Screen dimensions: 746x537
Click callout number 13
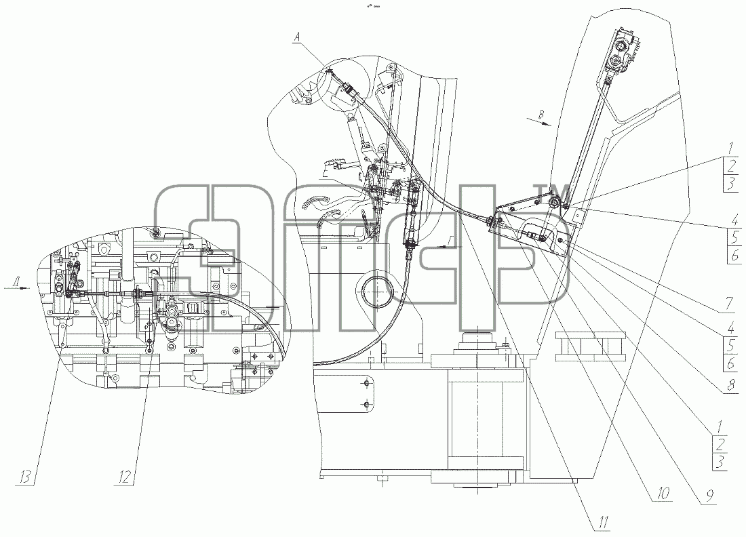pos(26,476)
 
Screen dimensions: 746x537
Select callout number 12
pos(124,476)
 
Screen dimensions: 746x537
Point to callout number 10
pos(663,493)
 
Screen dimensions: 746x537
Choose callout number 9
pos(709,496)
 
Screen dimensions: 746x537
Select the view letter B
pos(541,114)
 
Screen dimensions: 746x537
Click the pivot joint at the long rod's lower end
pos(554,203)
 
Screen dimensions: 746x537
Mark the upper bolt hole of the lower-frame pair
pos(366,383)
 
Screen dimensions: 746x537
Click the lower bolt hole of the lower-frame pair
pos(366,404)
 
